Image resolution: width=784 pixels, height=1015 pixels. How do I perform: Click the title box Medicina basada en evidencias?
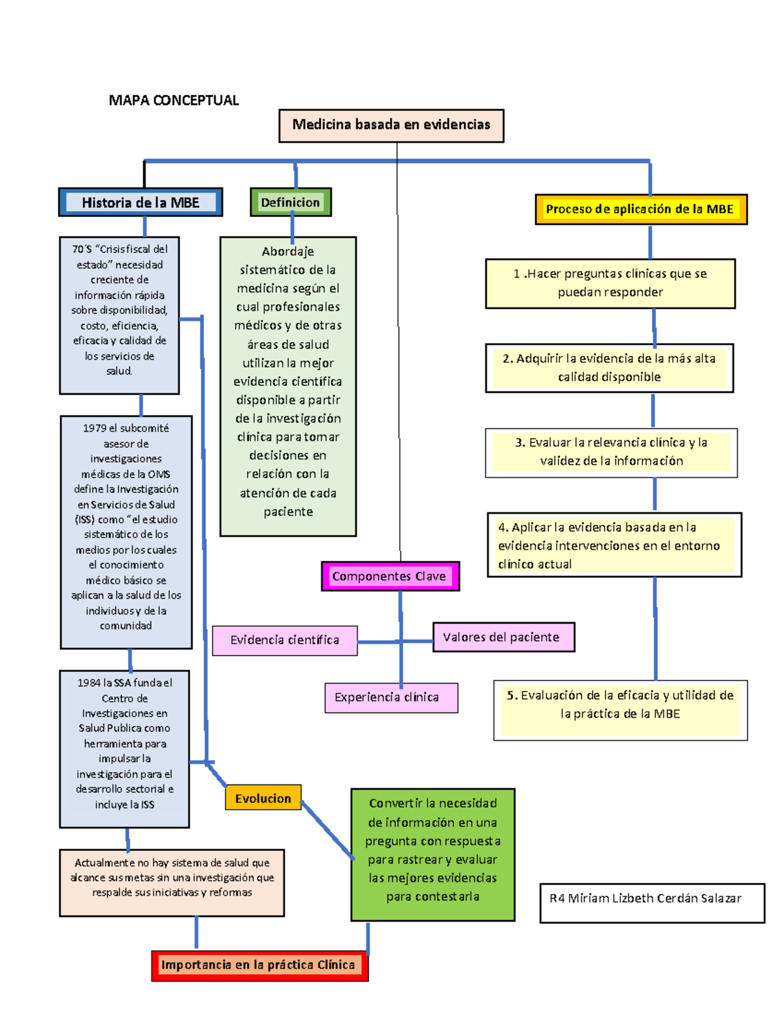click(391, 125)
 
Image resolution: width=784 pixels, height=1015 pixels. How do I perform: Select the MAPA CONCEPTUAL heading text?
click(173, 100)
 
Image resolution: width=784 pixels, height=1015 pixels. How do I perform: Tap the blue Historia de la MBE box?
click(140, 203)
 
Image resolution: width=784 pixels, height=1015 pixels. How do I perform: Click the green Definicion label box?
click(291, 203)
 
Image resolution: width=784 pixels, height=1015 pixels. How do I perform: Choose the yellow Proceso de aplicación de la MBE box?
click(640, 209)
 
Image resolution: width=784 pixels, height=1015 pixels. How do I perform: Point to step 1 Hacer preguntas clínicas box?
click(610, 283)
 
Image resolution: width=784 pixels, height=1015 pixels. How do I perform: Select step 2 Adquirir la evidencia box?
click(609, 367)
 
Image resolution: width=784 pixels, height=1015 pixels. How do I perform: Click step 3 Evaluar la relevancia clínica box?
click(611, 452)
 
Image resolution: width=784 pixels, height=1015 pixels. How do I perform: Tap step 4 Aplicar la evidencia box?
click(614, 545)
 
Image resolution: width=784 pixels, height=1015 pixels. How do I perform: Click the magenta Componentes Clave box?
click(389, 576)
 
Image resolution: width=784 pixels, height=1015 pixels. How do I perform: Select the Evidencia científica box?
click(285, 641)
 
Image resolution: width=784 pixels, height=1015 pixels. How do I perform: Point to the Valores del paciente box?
click(503, 637)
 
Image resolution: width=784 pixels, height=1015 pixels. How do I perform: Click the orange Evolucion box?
click(263, 798)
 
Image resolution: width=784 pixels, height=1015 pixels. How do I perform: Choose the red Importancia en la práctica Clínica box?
click(259, 965)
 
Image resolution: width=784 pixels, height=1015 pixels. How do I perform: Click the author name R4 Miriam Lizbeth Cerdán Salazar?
click(645, 899)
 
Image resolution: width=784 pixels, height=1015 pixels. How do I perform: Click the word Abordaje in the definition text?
click(288, 252)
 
